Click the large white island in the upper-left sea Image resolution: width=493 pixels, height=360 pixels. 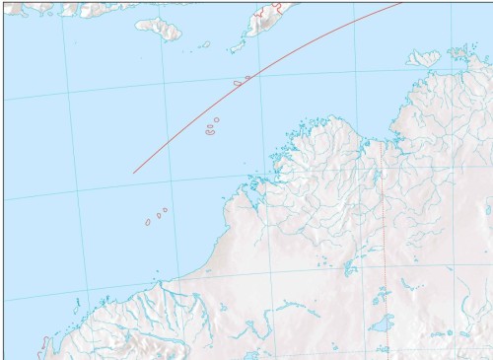(159, 28)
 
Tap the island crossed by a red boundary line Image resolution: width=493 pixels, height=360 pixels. (263, 18)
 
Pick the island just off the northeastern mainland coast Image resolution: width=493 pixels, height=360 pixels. (423, 58)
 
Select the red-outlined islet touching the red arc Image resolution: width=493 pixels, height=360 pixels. (238, 83)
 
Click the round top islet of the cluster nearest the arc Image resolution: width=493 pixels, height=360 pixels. (217, 119)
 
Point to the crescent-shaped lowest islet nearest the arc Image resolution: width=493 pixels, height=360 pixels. (210, 132)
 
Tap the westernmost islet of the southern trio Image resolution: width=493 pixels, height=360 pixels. (148, 222)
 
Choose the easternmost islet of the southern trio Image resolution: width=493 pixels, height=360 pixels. (165, 209)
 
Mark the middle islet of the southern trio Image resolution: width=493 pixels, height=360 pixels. (158, 215)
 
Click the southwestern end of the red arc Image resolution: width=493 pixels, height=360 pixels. (133, 173)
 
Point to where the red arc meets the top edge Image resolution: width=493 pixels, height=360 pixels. (402, 1)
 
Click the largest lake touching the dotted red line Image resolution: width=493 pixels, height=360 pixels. (380, 323)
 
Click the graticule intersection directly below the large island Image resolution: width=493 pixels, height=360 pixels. (164, 85)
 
